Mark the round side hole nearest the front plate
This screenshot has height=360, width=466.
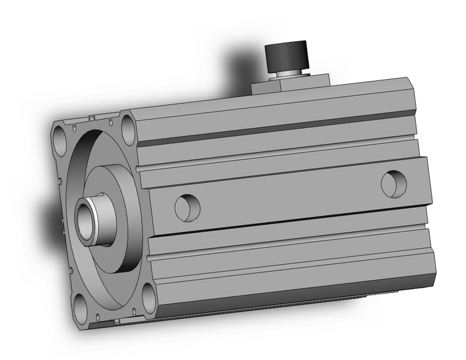187,207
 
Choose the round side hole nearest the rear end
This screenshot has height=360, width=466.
393,183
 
